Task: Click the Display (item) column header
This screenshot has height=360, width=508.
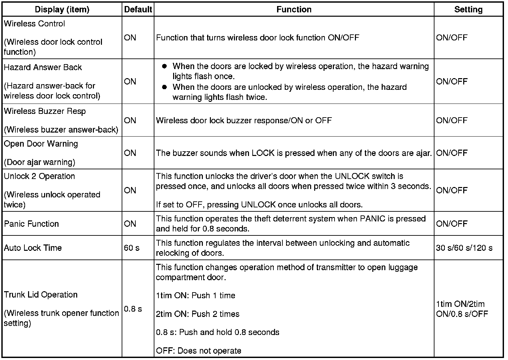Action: (x=62, y=9)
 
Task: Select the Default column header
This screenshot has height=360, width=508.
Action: (x=138, y=9)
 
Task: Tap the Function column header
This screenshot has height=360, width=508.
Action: (x=294, y=9)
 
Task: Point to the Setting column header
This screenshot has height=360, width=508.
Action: (x=468, y=9)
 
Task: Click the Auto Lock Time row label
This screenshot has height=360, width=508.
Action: (x=33, y=248)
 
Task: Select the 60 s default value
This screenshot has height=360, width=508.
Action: (x=132, y=248)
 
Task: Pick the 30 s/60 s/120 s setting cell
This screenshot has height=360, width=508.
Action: (x=464, y=248)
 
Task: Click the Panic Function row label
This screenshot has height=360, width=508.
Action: (x=31, y=224)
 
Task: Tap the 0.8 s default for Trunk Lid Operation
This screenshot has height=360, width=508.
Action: (x=133, y=309)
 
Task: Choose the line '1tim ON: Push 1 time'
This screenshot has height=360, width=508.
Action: (x=196, y=296)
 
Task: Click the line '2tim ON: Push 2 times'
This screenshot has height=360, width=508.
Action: (x=198, y=314)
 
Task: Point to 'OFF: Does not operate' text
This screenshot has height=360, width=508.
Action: (x=199, y=351)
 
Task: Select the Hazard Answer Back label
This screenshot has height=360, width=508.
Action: (x=43, y=67)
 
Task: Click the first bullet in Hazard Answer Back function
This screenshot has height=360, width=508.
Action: (x=164, y=66)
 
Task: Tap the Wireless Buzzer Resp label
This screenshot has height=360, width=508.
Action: (x=45, y=111)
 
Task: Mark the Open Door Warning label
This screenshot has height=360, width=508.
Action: (x=41, y=144)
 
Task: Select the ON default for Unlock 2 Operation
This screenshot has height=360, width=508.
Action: (x=130, y=190)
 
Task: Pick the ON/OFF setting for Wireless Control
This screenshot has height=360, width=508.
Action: (x=452, y=38)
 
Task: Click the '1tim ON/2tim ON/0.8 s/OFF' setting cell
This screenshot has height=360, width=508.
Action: (x=462, y=309)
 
